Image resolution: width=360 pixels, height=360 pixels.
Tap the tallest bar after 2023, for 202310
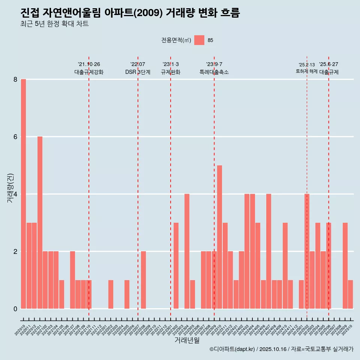[x=219, y=237]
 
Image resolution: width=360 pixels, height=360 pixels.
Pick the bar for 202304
[x=187, y=251]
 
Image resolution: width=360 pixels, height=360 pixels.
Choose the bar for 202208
[x=143, y=280]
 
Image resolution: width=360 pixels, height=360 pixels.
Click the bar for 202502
[x=307, y=251]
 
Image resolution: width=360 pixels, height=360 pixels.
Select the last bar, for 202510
[x=350, y=294]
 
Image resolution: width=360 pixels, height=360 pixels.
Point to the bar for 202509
[x=345, y=265]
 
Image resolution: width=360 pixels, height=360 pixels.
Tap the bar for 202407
[x=268, y=251]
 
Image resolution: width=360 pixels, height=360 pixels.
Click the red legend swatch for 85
[x=199, y=40]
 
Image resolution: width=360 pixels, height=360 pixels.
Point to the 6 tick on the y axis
[x=15, y=137]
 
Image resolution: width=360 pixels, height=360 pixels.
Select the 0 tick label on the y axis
[x=15, y=309]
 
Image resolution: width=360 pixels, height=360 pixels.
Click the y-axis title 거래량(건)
[x=10, y=187]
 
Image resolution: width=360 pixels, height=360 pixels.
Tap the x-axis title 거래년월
[x=187, y=340]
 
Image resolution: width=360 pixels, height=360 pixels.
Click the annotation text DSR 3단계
[x=138, y=72]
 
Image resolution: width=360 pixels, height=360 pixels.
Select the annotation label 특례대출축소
[x=214, y=72]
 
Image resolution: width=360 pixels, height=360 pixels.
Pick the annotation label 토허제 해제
[x=306, y=71]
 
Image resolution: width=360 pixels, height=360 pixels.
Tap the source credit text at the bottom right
[x=281, y=349]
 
